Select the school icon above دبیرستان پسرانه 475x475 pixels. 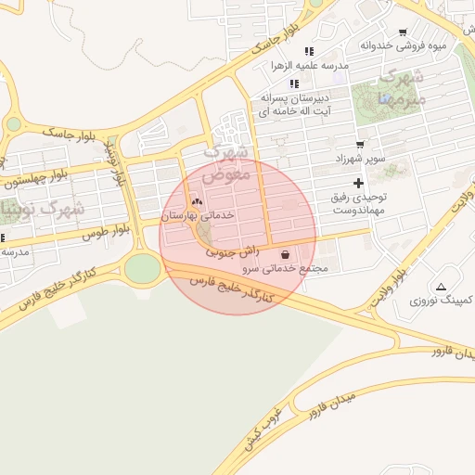pyautogui.click(x=294, y=83)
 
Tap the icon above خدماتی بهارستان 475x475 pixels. pyautogui.click(x=196, y=201)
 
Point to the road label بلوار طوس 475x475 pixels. pyautogui.click(x=109, y=230)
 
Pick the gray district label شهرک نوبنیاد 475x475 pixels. pyautogui.click(x=46, y=210)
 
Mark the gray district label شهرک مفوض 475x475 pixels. pyautogui.click(x=225, y=162)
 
